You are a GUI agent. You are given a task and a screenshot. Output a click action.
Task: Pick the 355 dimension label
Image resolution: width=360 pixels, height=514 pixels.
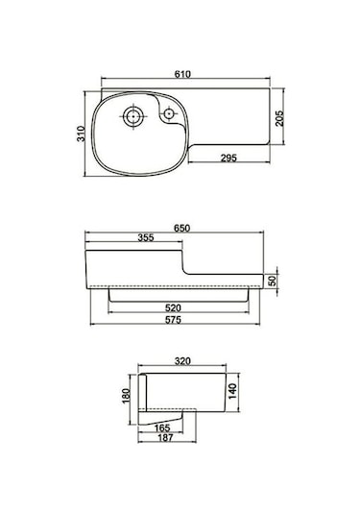pos(146,239)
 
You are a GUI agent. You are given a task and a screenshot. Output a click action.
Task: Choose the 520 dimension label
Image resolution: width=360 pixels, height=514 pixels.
pos(181,307)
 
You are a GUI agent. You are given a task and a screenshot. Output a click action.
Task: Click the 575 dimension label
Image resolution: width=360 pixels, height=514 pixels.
pos(181,319)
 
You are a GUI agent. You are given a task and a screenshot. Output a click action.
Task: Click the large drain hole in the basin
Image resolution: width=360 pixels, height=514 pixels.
pos(133,118)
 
